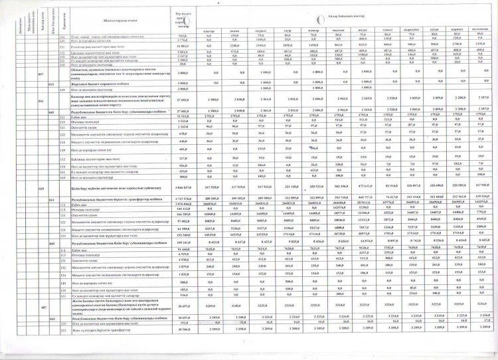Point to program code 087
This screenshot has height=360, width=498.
pyautogui.click(x=42, y=327)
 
